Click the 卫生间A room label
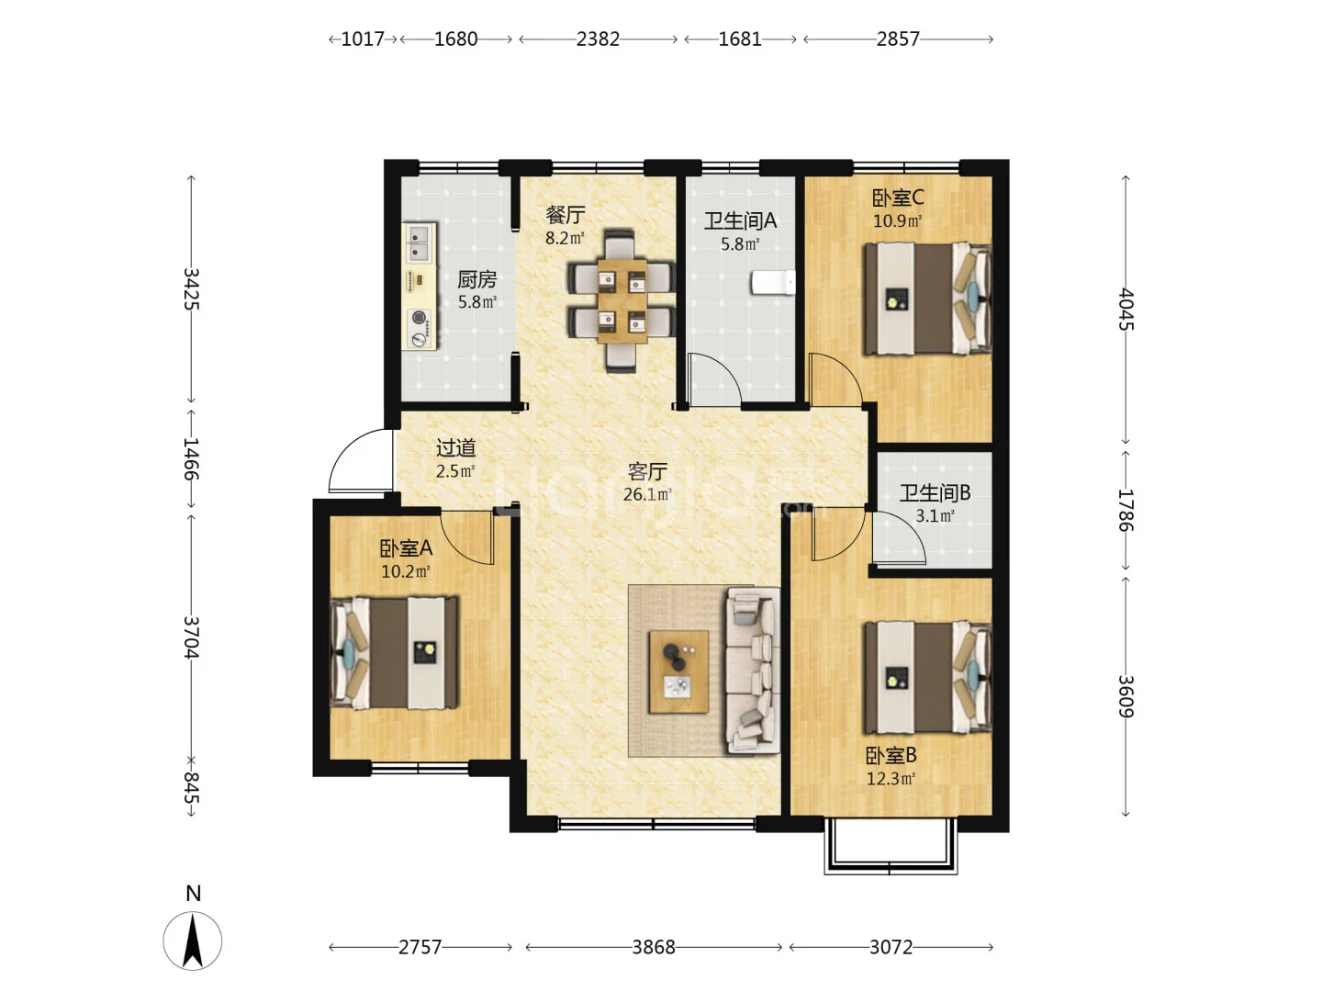click(x=740, y=221)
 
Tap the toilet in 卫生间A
click(x=773, y=283)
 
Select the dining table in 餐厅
click(x=622, y=301)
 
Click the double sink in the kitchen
click(x=420, y=242)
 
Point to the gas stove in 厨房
click(x=420, y=328)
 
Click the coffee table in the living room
click(x=678, y=671)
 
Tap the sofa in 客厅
click(x=753, y=671)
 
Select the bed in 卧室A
click(x=395, y=652)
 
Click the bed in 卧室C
click(x=927, y=299)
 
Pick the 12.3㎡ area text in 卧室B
click(x=891, y=779)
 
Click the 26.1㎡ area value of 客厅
click(x=647, y=494)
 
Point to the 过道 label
click(x=456, y=447)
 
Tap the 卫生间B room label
click(x=935, y=492)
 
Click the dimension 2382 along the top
click(x=598, y=39)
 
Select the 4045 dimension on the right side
click(x=1126, y=310)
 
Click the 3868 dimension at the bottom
click(x=654, y=947)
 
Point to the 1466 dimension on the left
click(x=191, y=459)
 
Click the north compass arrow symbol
click(x=193, y=941)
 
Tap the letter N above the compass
click(x=194, y=893)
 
